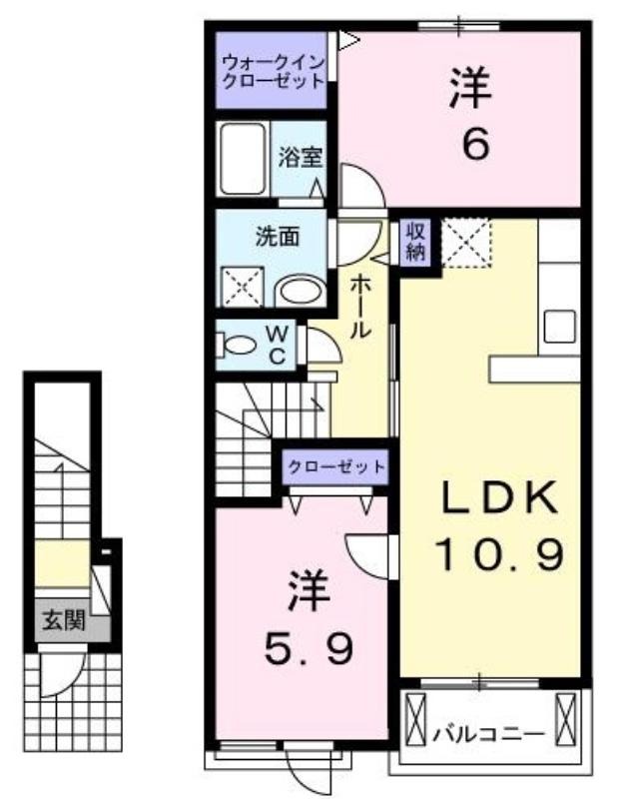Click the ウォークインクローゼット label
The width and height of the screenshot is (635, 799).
pyautogui.click(x=274, y=72)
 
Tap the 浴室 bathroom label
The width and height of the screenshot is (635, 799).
pyautogui.click(x=301, y=157)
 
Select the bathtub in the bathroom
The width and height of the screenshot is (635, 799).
pyautogui.click(x=243, y=159)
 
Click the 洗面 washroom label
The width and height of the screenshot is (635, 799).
pyautogui.click(x=278, y=237)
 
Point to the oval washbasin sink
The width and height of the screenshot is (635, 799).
pyautogui.click(x=300, y=292)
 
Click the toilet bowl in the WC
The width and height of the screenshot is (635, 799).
pyautogui.click(x=237, y=345)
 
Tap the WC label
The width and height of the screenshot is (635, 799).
pyautogui.click(x=277, y=345)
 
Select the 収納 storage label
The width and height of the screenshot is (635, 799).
pyautogui.click(x=415, y=242)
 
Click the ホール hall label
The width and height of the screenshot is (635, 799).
pyautogui.click(x=359, y=307)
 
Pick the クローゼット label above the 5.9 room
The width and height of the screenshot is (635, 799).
pyautogui.click(x=335, y=466)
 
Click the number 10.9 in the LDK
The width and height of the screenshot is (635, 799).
pyautogui.click(x=499, y=554)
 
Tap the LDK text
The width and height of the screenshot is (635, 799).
pyautogui.click(x=499, y=497)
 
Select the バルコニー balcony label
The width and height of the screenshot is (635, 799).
pyautogui.click(x=488, y=734)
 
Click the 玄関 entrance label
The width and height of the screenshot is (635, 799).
pyautogui.click(x=63, y=619)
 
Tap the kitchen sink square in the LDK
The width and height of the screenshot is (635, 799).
pyautogui.click(x=560, y=327)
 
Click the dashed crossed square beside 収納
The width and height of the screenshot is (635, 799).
pyautogui.click(x=466, y=243)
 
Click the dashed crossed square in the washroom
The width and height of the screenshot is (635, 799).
pyautogui.click(x=243, y=287)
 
